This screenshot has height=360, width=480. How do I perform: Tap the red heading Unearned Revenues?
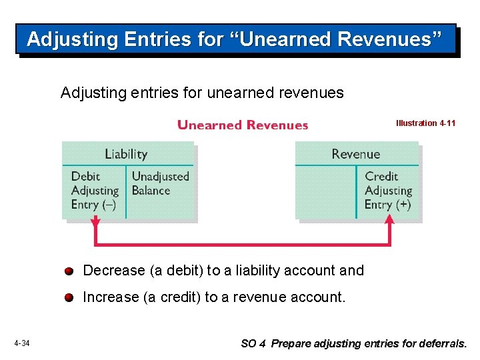(243, 125)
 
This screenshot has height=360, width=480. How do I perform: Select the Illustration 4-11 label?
(425, 123)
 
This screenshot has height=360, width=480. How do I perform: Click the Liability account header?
(126, 154)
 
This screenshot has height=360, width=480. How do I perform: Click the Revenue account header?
(355, 154)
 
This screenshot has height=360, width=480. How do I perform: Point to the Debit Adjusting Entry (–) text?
(94, 191)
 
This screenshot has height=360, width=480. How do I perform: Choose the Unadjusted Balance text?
(160, 183)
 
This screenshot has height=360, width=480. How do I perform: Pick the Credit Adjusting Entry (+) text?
(387, 191)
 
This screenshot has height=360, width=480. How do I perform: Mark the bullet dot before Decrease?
(69, 271)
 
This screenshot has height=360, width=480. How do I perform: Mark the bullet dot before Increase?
(69, 298)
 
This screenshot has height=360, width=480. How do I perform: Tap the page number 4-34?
(21, 343)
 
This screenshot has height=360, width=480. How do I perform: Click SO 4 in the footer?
(253, 344)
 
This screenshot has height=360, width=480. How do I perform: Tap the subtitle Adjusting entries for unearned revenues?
(202, 93)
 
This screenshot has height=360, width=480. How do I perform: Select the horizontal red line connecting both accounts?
(243, 243)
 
